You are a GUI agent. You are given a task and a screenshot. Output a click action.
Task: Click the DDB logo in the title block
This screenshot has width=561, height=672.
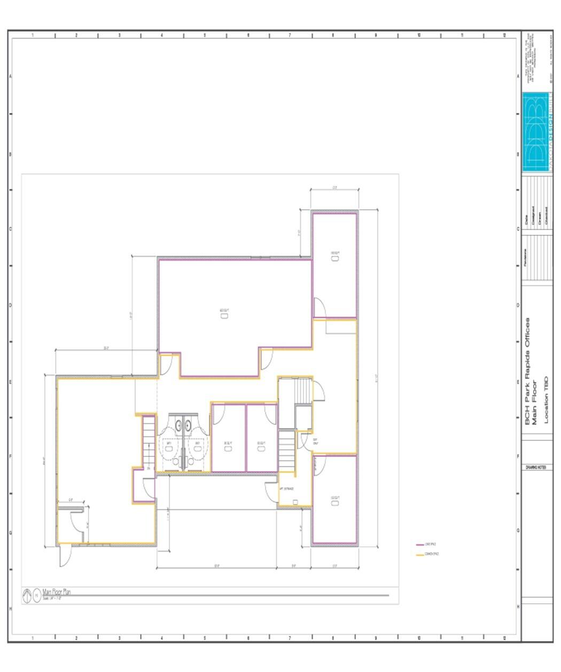tap(537, 132)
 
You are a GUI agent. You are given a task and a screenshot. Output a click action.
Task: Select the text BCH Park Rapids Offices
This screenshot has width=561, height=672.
tap(527, 371)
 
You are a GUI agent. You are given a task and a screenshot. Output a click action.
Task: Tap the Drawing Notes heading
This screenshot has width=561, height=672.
tap(535, 467)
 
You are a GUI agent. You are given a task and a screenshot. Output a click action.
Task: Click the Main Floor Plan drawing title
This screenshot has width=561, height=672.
tap(57, 592)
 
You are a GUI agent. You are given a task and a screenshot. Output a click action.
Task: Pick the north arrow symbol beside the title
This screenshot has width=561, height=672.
tap(27, 594)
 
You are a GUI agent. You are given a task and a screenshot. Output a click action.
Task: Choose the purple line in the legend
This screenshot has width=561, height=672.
tap(420, 545)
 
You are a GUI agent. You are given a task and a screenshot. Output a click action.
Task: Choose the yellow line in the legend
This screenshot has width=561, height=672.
tap(420, 555)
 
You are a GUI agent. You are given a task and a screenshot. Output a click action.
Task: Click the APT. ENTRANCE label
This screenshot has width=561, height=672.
tap(286, 489)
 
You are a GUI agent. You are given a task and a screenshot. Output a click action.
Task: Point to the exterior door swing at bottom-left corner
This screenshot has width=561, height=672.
tap(64, 556)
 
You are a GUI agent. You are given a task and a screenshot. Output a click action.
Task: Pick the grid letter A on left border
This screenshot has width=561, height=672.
tap(10, 75)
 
